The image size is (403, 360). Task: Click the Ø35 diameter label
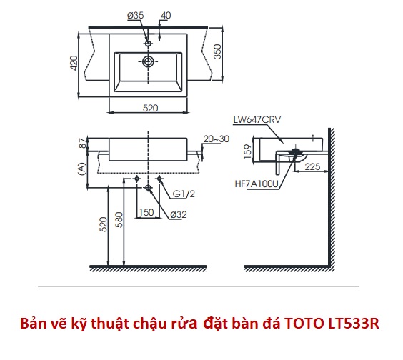136,16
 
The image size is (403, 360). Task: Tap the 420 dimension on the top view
74,63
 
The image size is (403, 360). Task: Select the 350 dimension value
217,51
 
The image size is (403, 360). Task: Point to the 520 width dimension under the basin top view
150,108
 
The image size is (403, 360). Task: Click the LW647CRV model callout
257,119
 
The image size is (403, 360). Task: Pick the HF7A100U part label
257,184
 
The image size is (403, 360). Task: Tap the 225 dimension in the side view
312,166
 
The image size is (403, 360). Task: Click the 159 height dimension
248,151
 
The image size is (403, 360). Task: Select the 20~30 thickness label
217,139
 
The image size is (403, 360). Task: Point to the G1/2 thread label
184,194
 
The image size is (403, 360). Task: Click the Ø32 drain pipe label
179,214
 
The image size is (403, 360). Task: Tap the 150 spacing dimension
146,212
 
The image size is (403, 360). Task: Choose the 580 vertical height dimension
119,220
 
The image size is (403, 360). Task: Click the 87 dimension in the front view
83,143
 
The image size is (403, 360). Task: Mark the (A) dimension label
81,169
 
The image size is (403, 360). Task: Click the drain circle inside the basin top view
148,61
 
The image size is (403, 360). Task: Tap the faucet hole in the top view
148,43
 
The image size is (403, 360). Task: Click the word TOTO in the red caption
304,324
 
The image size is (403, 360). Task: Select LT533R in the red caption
354,324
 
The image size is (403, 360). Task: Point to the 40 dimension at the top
166,16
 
